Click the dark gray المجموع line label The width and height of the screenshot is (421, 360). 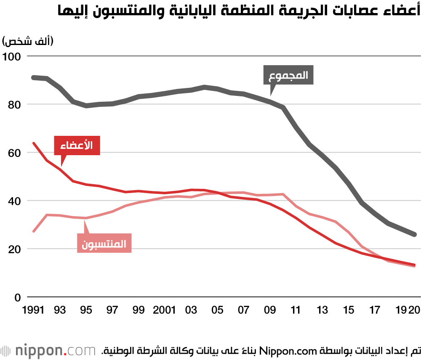[x=288, y=75]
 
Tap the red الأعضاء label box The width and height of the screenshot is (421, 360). [x=77, y=146]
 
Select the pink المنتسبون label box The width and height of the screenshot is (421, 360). [x=105, y=243]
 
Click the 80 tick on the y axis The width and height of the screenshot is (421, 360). [x=14, y=104]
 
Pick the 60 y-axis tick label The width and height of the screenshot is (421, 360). [x=14, y=152]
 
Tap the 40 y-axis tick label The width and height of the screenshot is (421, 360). [x=14, y=201]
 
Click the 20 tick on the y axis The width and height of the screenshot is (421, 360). [x=14, y=249]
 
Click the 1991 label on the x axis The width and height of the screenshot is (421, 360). [x=33, y=311]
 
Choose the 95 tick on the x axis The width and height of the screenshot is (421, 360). [x=86, y=311]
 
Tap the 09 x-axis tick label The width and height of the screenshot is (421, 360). [x=269, y=311]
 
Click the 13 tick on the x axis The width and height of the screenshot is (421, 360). [x=322, y=311]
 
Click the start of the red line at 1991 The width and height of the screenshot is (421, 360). [x=33, y=143]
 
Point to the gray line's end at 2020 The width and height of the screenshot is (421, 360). [x=414, y=234]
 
